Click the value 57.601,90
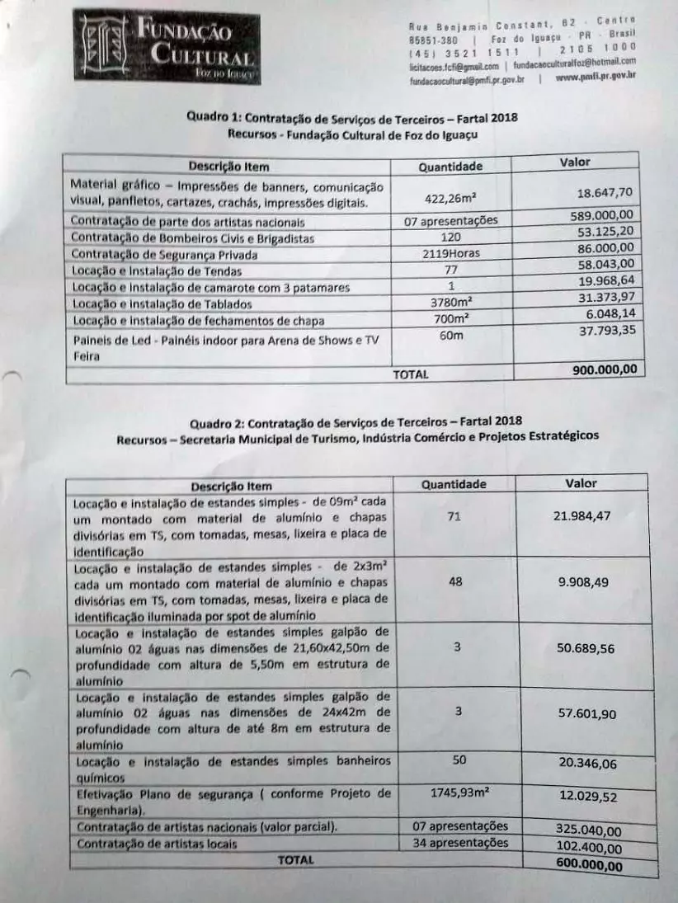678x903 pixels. coord(587,714)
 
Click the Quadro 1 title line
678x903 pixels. coord(352,117)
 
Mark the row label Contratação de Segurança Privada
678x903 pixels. coord(164,255)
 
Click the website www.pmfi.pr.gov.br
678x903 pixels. coord(596,78)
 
